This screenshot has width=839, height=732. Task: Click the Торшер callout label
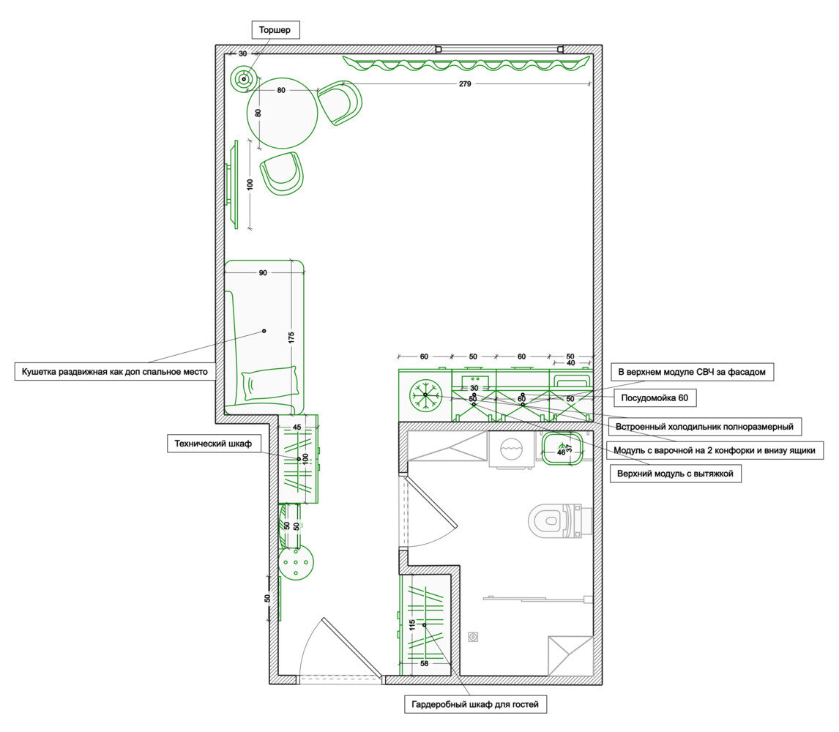275,30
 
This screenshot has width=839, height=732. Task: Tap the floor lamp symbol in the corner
244,79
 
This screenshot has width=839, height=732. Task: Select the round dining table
283,113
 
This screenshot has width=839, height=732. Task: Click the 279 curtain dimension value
465,83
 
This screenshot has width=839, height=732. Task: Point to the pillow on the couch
269,383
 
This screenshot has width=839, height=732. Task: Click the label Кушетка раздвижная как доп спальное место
114,372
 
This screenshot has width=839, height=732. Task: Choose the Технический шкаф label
213,444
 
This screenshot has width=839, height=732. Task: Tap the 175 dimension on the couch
291,337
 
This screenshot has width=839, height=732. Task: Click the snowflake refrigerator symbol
425,395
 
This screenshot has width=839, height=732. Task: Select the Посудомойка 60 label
655,397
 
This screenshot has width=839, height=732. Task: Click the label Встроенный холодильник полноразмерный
704,427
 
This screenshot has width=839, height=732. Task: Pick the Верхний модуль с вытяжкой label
675,474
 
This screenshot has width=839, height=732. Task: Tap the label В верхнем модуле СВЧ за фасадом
692,372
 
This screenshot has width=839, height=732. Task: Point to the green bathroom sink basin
562,449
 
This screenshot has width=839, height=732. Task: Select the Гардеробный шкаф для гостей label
475,704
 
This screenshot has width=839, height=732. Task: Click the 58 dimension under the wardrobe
425,663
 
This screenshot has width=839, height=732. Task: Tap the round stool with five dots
296,563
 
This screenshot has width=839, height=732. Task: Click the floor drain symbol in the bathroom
473,637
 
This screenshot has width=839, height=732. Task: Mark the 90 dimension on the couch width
263,273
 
